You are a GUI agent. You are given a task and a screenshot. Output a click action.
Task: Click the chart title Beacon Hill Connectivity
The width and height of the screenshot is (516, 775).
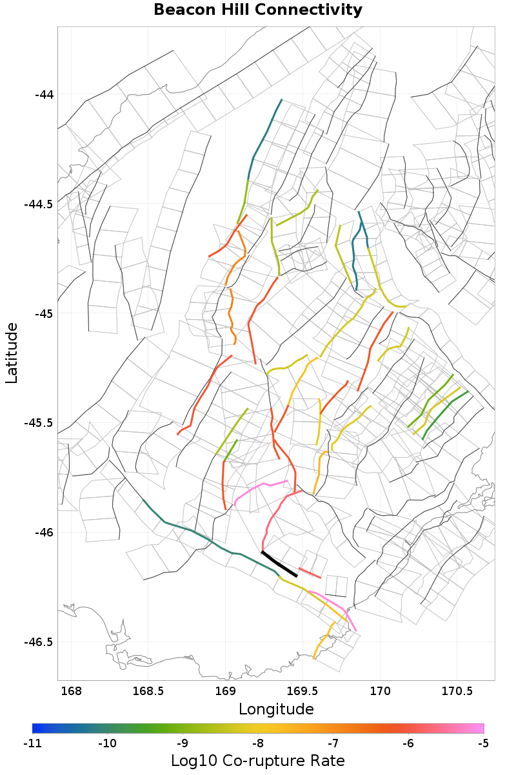pyautogui.click(x=258, y=10)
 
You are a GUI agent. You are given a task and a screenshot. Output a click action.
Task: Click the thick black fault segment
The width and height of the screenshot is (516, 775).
pyautogui.click(x=279, y=564)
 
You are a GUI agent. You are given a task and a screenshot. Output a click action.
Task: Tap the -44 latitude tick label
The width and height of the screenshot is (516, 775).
pyautogui.click(x=45, y=95)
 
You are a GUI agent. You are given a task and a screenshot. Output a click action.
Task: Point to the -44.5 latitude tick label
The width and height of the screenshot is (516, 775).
pyautogui.click(x=39, y=204)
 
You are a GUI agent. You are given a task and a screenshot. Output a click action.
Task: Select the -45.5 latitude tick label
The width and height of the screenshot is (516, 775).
pyautogui.click(x=39, y=423)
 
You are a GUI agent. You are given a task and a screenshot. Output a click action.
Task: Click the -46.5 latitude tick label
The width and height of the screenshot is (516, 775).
pyautogui.click(x=39, y=642)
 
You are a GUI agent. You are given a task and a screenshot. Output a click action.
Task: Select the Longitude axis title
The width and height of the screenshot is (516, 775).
pyautogui.click(x=276, y=709)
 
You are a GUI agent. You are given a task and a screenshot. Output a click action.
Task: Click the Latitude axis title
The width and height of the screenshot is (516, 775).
pyautogui.click(x=12, y=353)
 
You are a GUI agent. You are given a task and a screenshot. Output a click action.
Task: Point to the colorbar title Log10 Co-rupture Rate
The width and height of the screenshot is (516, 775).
pyautogui.click(x=258, y=760)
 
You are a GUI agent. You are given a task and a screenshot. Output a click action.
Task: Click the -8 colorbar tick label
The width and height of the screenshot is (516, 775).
pyautogui.click(x=258, y=743)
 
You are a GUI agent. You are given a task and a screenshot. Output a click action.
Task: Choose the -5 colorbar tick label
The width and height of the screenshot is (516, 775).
pyautogui.click(x=483, y=743)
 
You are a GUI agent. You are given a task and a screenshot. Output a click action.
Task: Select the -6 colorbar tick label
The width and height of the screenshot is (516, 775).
pyautogui.click(x=408, y=743)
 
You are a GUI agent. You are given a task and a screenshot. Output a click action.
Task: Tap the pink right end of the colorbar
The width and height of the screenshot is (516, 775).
pyautogui.click(x=480, y=728)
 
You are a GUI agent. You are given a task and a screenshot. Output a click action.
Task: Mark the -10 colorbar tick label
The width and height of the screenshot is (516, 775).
pyautogui.click(x=108, y=743)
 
